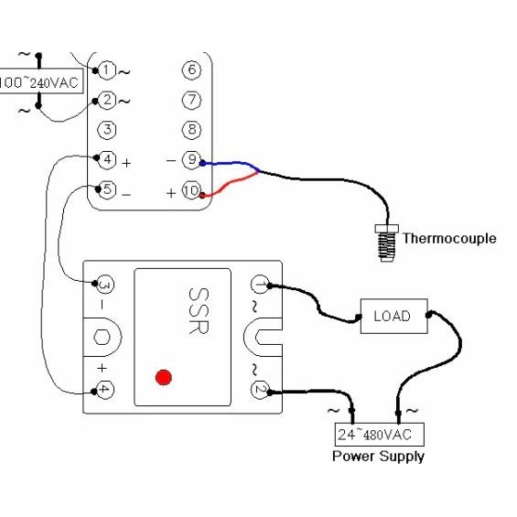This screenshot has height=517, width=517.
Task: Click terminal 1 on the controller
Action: pos(107,70)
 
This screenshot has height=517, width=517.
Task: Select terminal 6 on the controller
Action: pos(191,70)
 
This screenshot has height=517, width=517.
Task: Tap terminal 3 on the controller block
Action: pos(107,130)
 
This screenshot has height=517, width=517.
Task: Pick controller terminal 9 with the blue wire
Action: pos(191,160)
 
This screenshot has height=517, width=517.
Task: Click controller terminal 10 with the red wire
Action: pos(191,191)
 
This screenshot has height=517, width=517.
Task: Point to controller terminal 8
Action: pos(191,130)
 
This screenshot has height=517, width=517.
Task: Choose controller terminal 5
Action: pos(107,191)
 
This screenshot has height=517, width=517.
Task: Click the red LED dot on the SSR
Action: pos(164,376)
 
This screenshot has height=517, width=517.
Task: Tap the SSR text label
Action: pos(198,311)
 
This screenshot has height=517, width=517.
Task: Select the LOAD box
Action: pos(392,317)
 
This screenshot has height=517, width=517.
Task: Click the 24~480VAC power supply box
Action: pos(379,434)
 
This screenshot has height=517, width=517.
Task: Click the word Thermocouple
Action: pos(449,239)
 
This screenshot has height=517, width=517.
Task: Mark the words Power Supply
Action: pos(378,456)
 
